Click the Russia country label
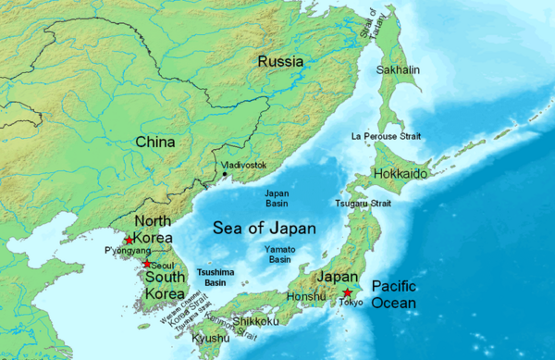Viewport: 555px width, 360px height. pyautogui.click(x=280, y=62)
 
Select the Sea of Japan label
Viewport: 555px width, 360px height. pyautogui.click(x=265, y=228)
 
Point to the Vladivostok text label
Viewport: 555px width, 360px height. pyautogui.click(x=245, y=165)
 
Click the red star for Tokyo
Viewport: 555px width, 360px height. pyautogui.click(x=347, y=293)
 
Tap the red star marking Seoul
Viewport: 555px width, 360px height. pyautogui.click(x=146, y=264)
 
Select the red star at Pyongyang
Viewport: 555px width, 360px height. pyautogui.click(x=129, y=240)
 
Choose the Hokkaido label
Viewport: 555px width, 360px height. pyautogui.click(x=401, y=174)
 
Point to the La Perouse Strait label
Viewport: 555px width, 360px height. pyautogui.click(x=386, y=136)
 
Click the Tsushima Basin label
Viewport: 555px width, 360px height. pyautogui.click(x=219, y=277)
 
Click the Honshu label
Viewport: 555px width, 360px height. pyautogui.click(x=307, y=297)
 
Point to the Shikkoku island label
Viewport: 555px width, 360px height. pyautogui.click(x=255, y=322)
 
